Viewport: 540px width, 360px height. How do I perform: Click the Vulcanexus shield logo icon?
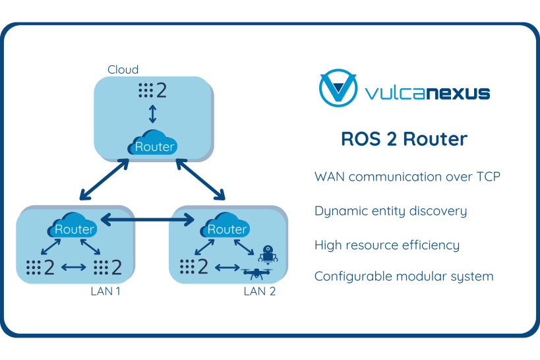click(338, 90)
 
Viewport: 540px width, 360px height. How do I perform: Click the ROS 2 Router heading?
click(404, 139)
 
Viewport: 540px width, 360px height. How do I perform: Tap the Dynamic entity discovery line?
click(390, 211)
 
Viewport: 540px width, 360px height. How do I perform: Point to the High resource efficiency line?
click(386, 245)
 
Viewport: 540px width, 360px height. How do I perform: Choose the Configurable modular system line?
click(404, 276)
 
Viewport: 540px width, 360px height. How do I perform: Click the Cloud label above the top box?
click(123, 70)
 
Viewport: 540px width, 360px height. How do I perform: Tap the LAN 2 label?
click(258, 291)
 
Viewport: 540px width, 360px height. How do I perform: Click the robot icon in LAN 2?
click(268, 254)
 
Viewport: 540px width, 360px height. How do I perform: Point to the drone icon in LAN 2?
click(259, 272)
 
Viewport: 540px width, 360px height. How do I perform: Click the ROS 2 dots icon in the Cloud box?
click(152, 90)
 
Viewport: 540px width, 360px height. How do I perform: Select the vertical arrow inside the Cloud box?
click(153, 114)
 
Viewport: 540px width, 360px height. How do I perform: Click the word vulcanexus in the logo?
click(427, 92)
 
